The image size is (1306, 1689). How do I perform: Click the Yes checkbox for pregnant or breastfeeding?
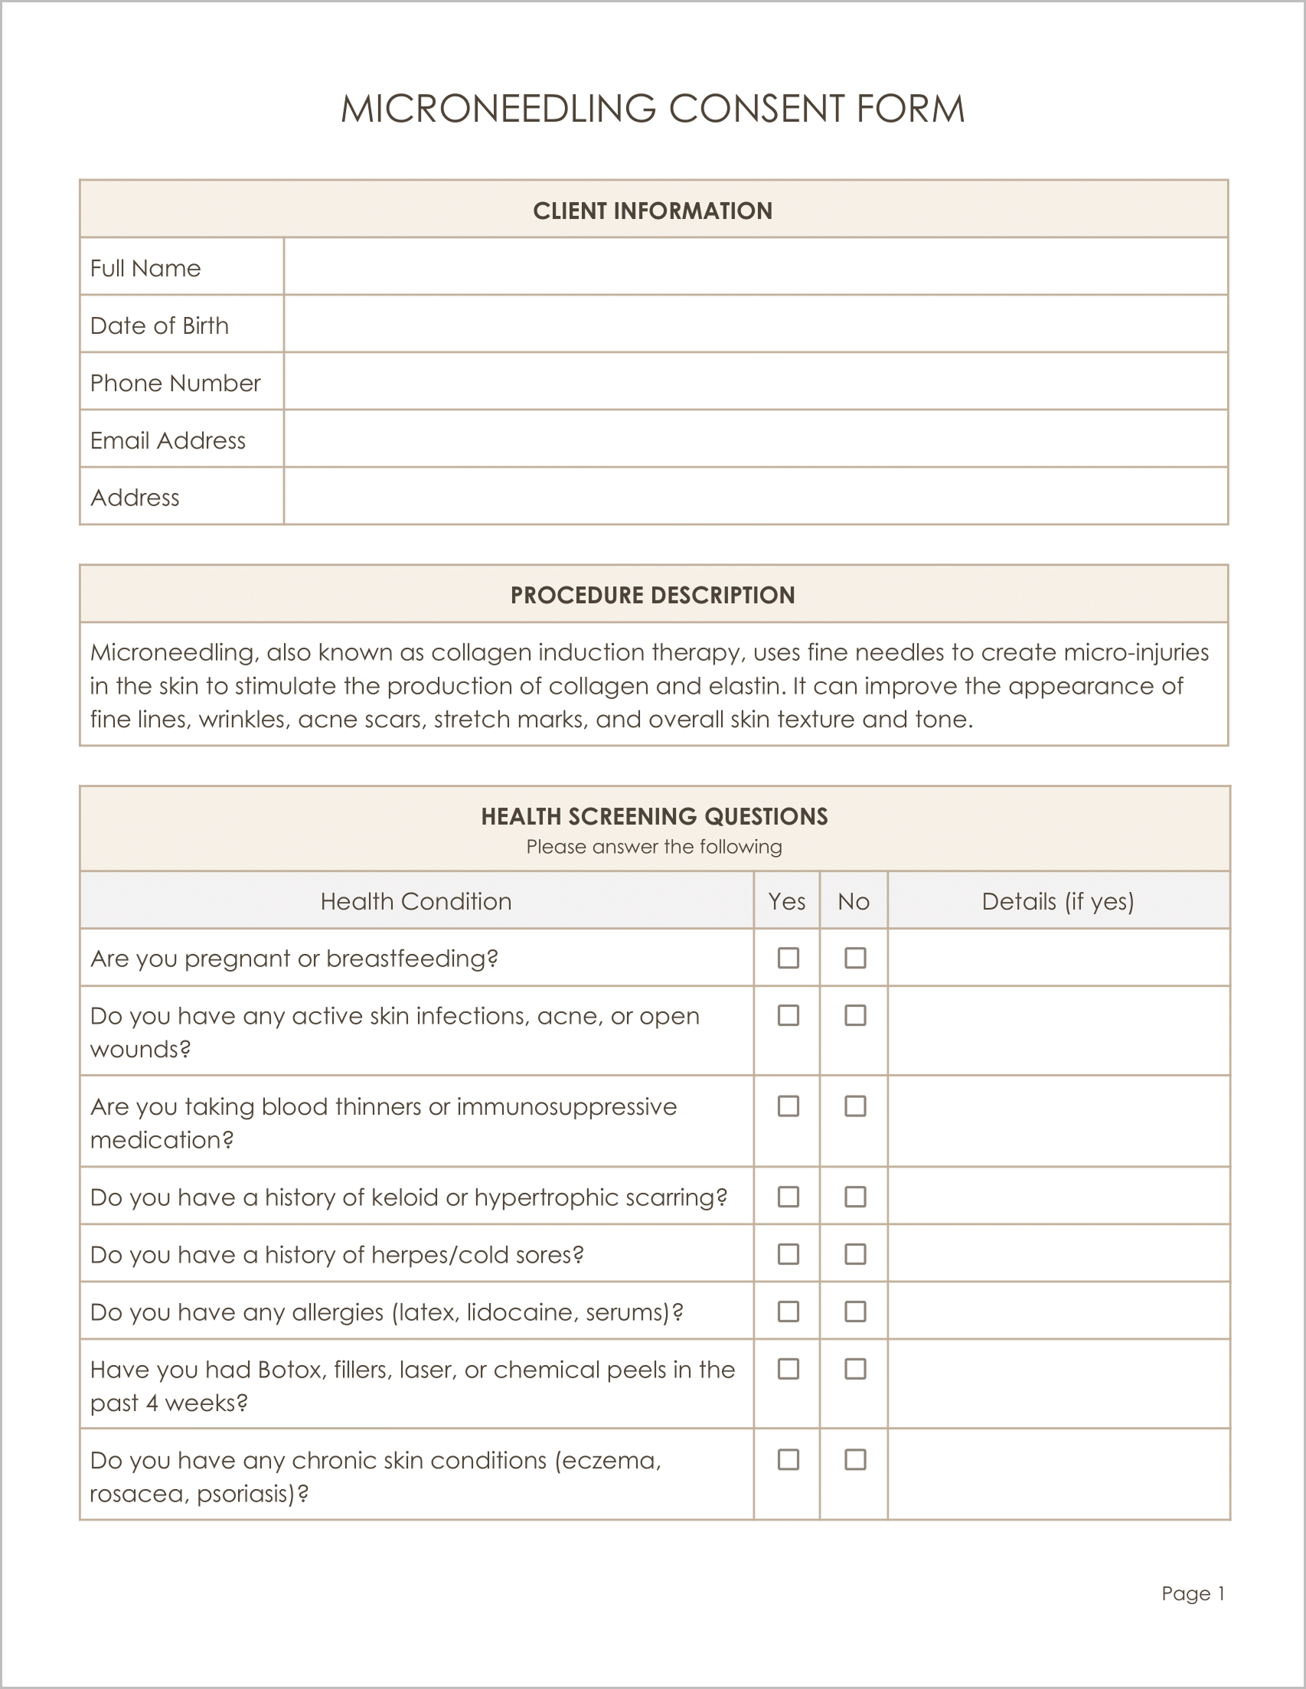788,958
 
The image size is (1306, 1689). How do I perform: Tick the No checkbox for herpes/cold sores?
855,1253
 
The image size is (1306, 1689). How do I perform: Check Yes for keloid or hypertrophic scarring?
788,1197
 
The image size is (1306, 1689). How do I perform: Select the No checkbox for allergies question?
855,1312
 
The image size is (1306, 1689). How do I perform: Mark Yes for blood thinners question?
788,1106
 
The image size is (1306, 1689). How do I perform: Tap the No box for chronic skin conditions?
855,1459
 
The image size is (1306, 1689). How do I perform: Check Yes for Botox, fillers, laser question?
788,1369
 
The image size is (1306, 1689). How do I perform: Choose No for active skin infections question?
855,1015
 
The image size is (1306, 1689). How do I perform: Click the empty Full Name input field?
755,266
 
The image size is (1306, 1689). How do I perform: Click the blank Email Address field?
755,439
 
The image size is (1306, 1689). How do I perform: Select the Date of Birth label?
159,325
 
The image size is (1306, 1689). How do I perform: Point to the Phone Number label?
175,383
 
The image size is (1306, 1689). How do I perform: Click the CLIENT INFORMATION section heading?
652,211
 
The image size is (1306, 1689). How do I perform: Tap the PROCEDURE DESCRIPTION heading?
652,595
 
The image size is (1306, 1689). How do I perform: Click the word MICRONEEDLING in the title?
498,108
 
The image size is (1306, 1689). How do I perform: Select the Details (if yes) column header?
1057,901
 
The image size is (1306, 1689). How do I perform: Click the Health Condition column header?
416,901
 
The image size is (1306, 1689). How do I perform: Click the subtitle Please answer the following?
654,847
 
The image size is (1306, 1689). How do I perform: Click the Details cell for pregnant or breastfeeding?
1057,958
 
